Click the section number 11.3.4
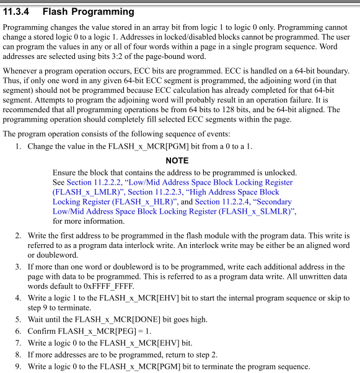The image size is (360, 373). point(20,12)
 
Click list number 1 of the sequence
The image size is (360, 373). point(19,147)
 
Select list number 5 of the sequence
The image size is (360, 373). point(19,320)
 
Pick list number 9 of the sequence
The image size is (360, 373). point(19,367)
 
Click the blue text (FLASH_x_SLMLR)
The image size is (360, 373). point(263,212)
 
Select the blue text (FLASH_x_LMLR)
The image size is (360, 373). point(89,192)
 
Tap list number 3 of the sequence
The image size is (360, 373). point(19,266)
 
